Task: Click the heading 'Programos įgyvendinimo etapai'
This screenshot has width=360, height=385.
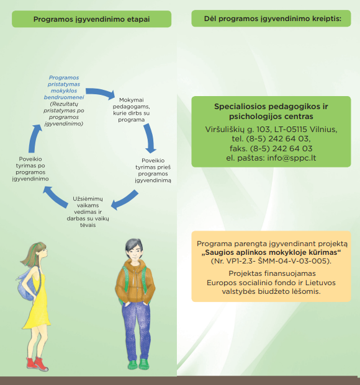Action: tap(91, 19)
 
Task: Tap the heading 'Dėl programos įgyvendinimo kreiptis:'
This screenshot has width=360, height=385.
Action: tap(272, 19)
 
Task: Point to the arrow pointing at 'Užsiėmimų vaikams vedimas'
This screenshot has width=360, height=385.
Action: tap(124, 200)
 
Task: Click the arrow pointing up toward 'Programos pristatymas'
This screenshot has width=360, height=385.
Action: tap(34, 138)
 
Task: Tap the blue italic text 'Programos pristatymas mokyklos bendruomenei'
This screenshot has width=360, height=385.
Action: tap(64, 87)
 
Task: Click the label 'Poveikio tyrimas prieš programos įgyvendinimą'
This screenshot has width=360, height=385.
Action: tap(153, 170)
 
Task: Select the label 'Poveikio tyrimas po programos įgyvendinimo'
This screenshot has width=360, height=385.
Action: tap(30, 169)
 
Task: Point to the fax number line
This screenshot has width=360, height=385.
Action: tap(271, 148)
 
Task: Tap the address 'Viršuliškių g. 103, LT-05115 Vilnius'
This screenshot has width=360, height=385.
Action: tap(271, 129)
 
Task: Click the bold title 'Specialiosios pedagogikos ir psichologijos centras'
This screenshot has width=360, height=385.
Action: tap(271, 111)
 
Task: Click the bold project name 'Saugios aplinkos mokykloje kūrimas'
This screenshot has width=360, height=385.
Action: tap(271, 252)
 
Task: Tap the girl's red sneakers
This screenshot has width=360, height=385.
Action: tap(37, 364)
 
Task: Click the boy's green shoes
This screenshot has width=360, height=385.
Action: tap(138, 365)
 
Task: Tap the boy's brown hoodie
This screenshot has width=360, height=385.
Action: tap(135, 282)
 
